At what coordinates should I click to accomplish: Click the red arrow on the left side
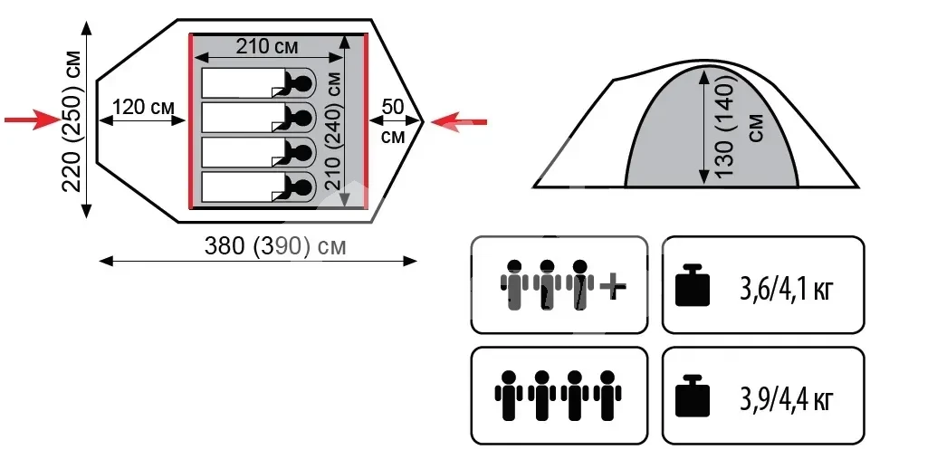pos(32,120)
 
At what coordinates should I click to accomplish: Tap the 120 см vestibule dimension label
pos(144,107)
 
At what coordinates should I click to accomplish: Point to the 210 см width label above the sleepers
pos(268,46)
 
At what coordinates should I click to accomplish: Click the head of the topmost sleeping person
pos(302,84)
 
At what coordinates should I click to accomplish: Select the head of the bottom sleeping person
pos(302,187)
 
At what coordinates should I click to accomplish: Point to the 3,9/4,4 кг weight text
pos(786,398)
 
